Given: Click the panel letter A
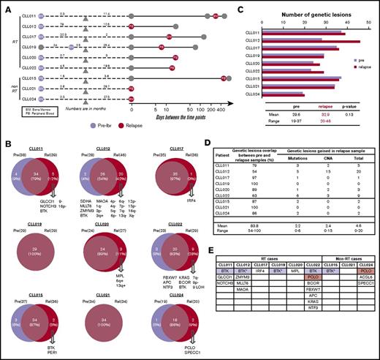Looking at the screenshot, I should pyautogui.click(x=7, y=5).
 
